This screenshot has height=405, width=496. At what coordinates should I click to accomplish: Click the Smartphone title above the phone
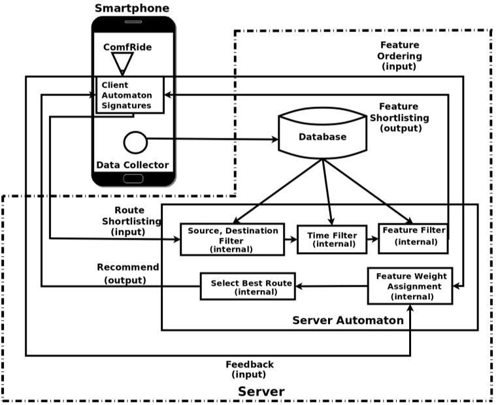[131, 8]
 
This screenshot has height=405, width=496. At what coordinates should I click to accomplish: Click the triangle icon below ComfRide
[122, 63]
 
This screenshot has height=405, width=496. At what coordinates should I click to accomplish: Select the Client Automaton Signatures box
[129, 95]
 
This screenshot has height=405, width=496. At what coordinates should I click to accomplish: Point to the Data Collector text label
[133, 165]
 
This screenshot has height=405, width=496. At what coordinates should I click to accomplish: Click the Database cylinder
[322, 136]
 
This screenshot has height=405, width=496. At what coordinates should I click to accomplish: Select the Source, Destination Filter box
[232, 239]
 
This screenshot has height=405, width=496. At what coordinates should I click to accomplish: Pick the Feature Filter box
[413, 238]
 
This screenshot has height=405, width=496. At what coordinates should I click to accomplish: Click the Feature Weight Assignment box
[409, 286]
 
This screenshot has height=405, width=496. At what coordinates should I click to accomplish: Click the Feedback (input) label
[250, 369]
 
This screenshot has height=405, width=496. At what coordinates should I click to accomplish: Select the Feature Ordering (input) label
[401, 56]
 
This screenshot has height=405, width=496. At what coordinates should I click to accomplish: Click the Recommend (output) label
[127, 273]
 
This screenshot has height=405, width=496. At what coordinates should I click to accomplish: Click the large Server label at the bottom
[261, 392]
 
